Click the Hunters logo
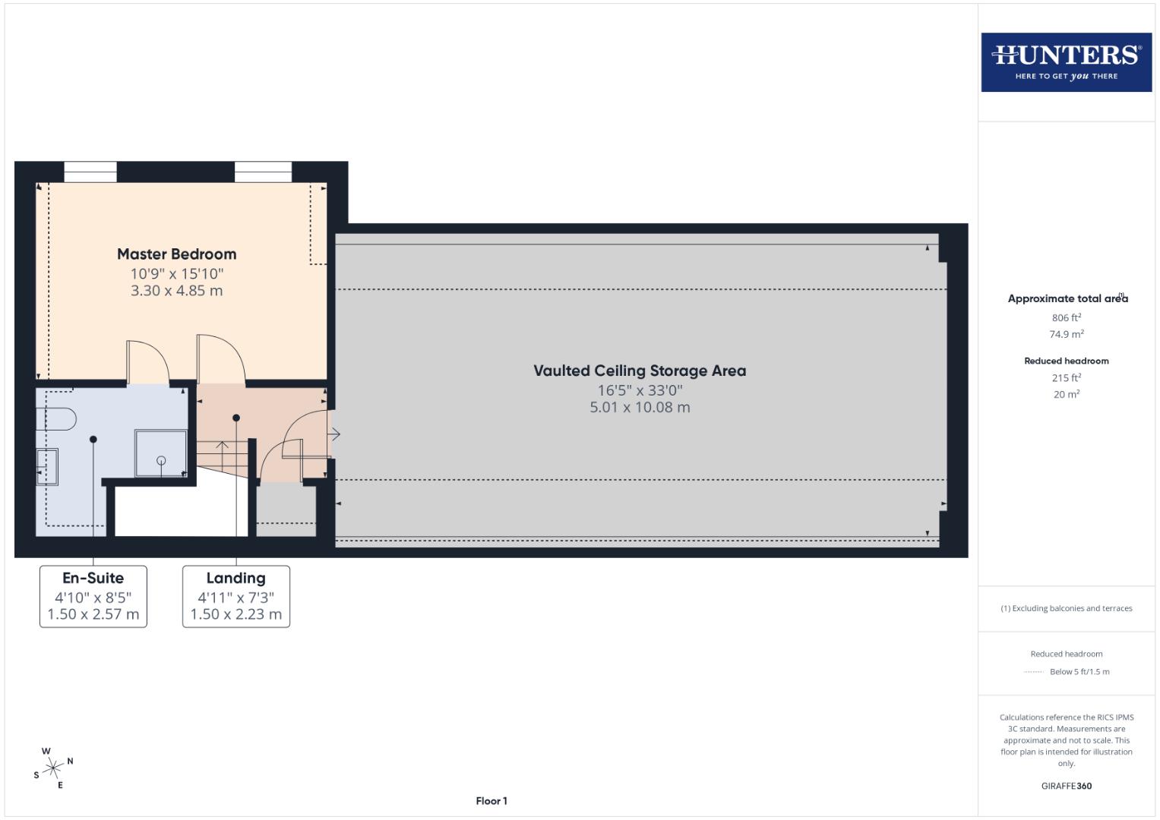coord(1066,62)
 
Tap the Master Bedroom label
coord(176,254)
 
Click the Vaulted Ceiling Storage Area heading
coord(640,371)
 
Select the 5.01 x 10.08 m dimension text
coord(640,407)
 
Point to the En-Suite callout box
coord(93,597)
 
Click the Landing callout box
coord(235,597)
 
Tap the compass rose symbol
coord(53,768)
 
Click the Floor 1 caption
coord(491,801)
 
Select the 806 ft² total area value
coord(1066,318)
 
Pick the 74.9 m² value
coord(1066,334)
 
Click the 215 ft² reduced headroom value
coord(1066,378)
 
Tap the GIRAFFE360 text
coord(1066,786)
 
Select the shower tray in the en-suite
coord(160,453)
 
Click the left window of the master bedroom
coord(90,172)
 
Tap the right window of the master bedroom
coord(263,172)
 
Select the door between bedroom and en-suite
coord(147,363)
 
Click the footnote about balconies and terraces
coord(1066,608)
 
